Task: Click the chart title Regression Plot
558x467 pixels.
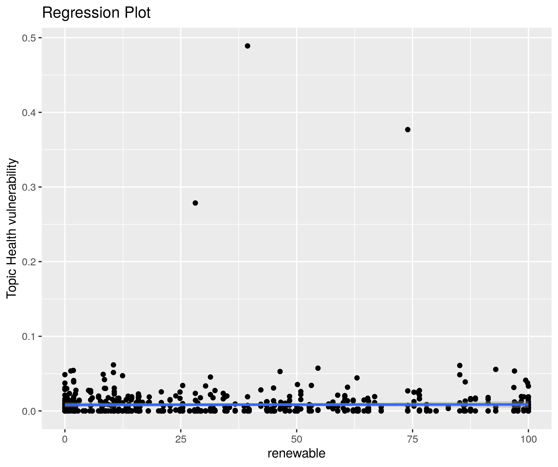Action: click(x=96, y=13)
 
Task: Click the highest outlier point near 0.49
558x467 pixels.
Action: click(x=247, y=46)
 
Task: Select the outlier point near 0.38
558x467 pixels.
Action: click(x=408, y=130)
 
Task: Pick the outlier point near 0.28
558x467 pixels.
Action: click(x=195, y=203)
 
